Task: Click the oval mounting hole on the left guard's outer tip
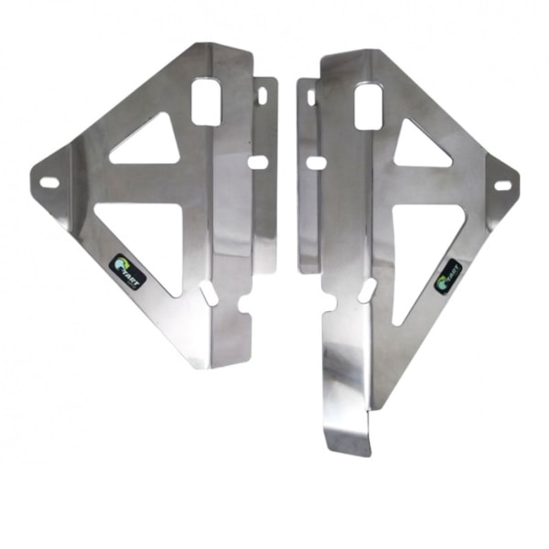coord(49,182)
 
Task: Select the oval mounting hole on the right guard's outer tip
coord(502,186)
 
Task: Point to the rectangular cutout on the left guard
coord(207,102)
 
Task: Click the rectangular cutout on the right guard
coord(367,108)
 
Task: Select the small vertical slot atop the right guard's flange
coord(311,96)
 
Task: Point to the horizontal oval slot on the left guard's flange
coord(258,162)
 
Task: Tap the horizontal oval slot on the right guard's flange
coord(316,163)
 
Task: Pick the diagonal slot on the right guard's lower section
coord(365,292)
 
